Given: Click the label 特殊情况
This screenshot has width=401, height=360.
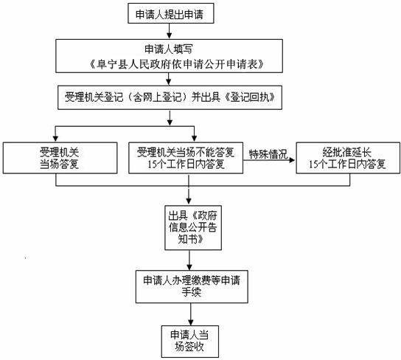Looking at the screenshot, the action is coord(268,154).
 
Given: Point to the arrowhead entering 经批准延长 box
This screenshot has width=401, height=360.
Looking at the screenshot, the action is coord(292,160).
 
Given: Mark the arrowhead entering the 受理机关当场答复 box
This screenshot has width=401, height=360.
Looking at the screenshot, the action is coord(56,139).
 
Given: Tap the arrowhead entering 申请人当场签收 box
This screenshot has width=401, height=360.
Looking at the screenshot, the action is coord(190,322).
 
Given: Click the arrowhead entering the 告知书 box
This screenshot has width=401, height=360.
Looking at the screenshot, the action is coord(189,202).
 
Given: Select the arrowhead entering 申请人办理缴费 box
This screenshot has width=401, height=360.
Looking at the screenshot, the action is coord(189,267).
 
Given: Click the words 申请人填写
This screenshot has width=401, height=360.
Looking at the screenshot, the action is coord(169,49).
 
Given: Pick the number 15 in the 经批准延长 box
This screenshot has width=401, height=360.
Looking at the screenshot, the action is coord(313,165).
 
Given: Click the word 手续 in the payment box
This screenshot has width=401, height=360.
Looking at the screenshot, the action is coord(192,292).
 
